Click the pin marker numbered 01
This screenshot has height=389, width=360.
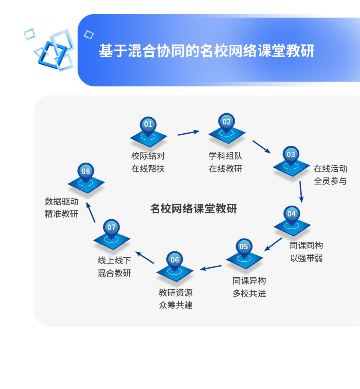coord(148,125)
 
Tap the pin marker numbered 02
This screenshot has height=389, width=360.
coord(227,122)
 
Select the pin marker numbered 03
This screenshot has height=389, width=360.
coord(291,155)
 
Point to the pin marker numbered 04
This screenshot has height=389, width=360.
coord(292,214)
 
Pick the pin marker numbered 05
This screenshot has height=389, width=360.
coord(244,247)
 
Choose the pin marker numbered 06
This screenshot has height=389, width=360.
coord(175,260)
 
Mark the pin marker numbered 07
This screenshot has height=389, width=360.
coord(112,228)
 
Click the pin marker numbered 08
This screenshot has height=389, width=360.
coord(86,172)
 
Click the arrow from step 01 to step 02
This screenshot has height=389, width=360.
coord(188,132)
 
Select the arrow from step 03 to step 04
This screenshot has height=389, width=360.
coord(301,192)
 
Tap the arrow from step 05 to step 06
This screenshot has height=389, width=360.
coord(211,267)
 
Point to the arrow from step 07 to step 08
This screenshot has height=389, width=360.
coord(91,212)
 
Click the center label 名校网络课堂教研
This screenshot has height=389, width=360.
coord(194,209)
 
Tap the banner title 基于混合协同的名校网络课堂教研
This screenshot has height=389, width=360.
coord(206,51)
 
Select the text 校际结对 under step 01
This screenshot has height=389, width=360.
coord(148,156)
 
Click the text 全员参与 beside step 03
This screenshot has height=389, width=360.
coord(330,181)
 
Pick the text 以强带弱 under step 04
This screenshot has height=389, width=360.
coord(306,258)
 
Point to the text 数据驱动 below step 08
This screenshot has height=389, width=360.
coord(61,201)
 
